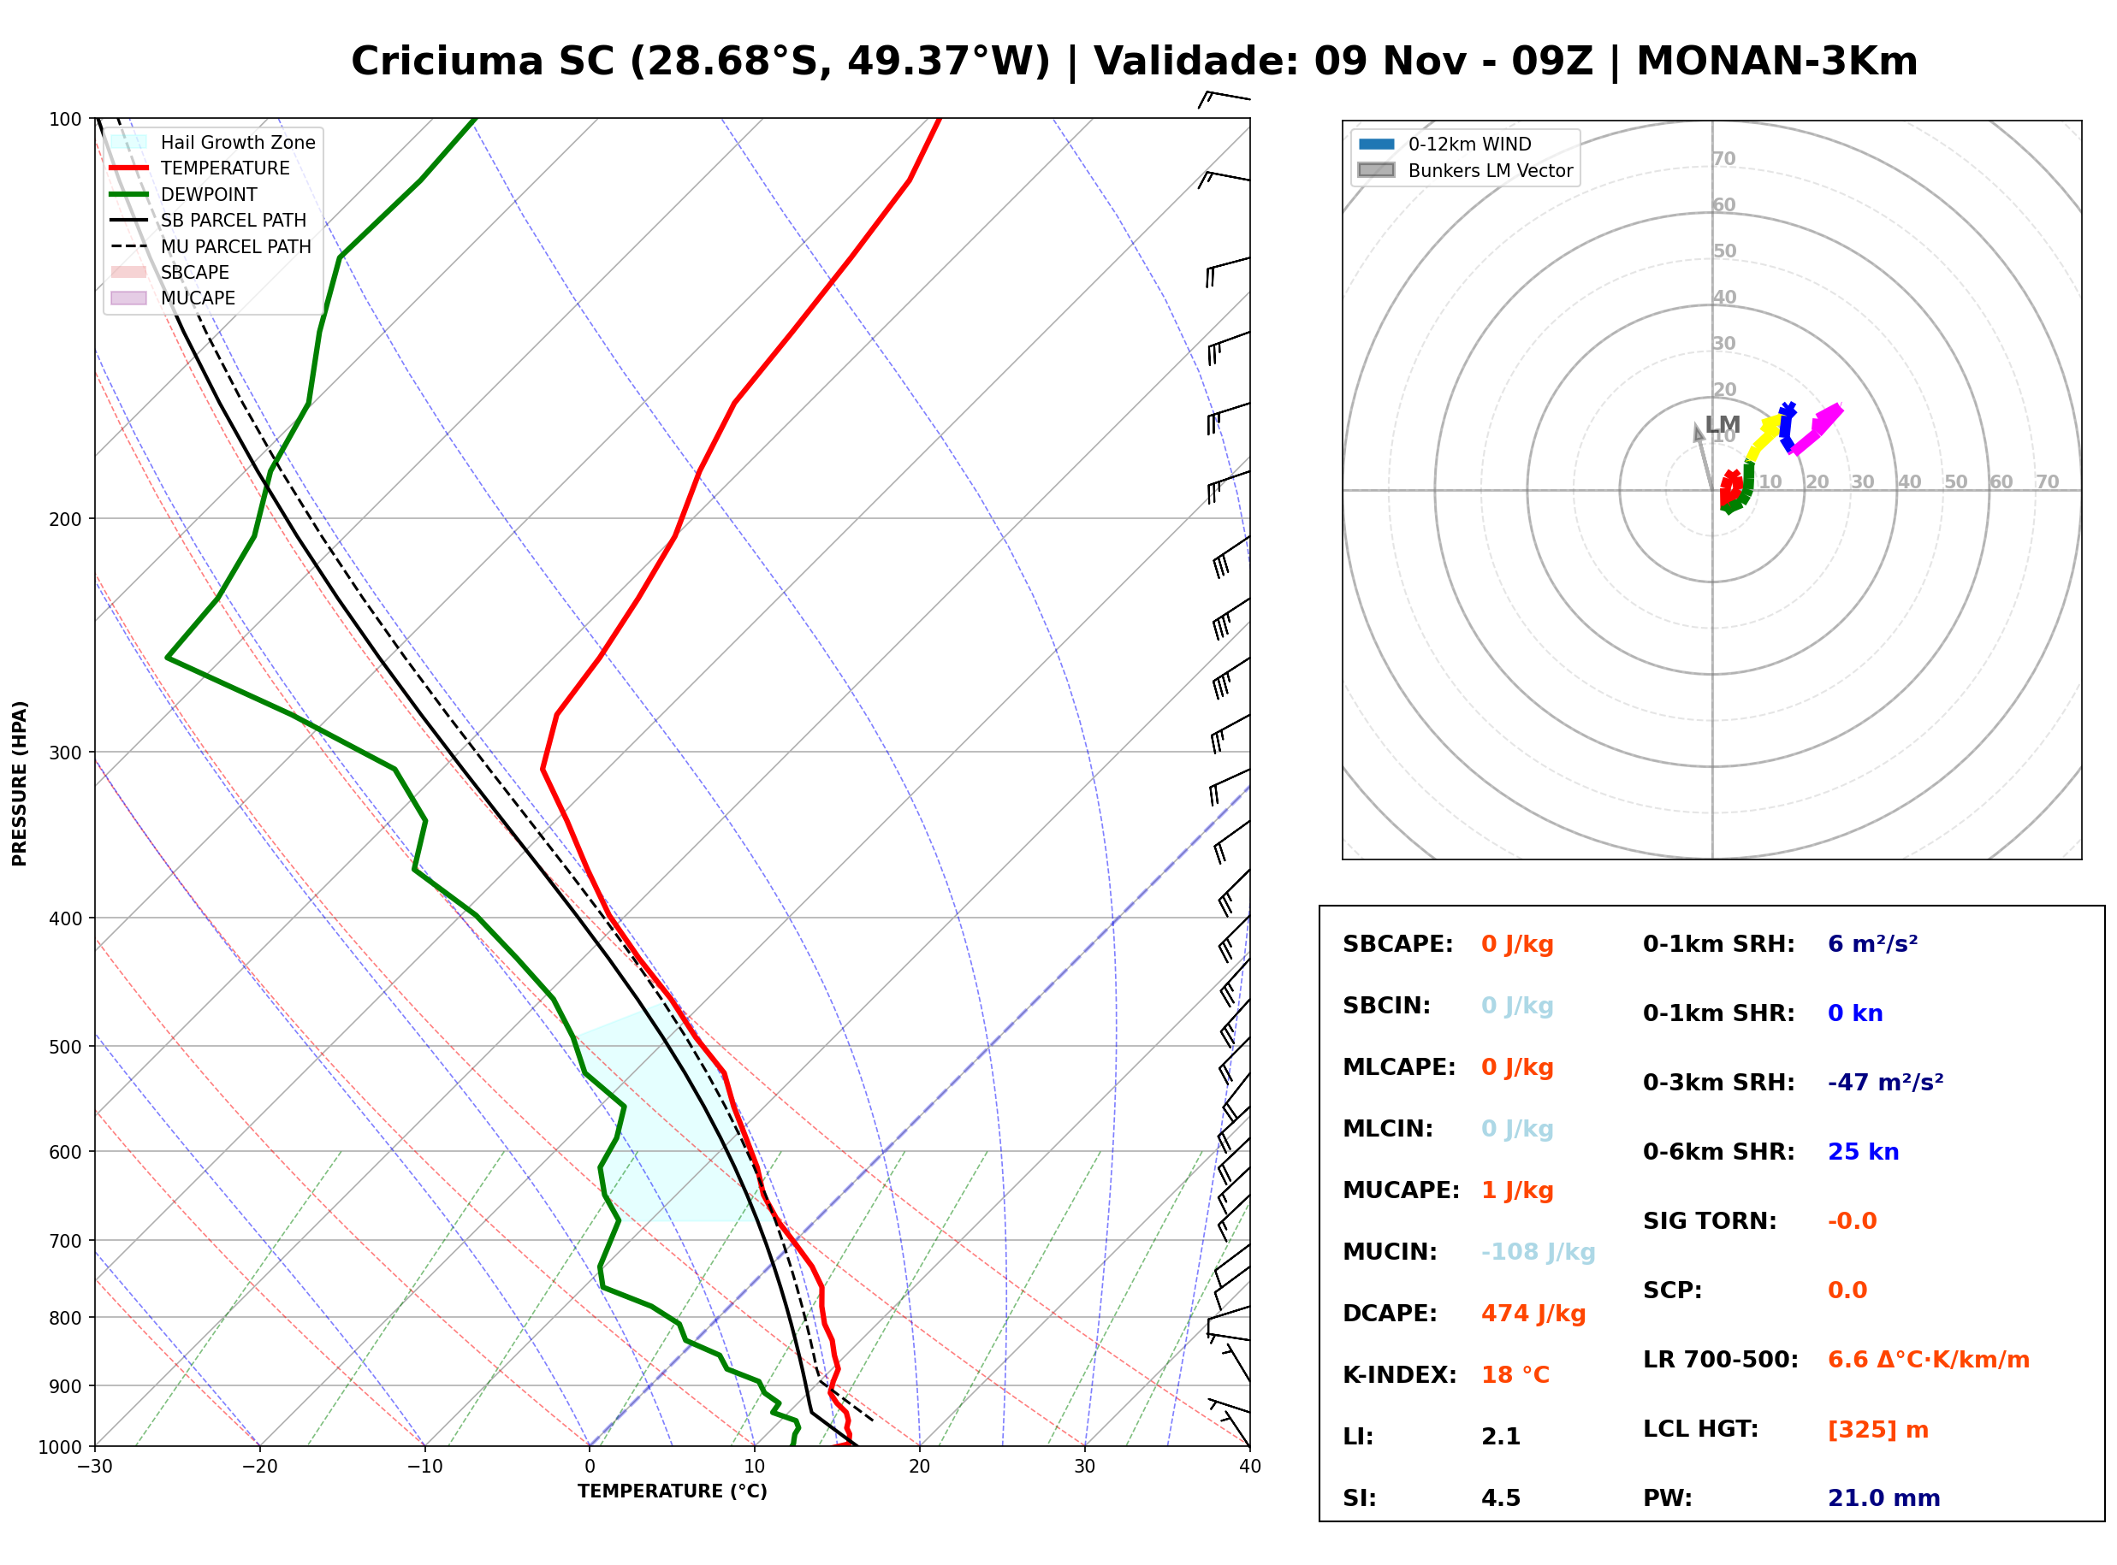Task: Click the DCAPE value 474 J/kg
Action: point(1533,1314)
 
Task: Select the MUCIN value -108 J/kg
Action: point(1538,1252)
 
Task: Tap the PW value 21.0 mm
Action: point(1884,1498)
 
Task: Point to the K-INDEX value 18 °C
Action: point(1515,1375)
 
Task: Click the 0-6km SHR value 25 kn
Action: point(1863,1152)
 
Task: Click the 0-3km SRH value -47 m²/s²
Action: point(1886,1082)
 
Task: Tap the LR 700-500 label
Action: point(1721,1361)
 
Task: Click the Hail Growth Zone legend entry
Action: point(213,142)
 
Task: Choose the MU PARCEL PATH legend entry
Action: point(211,246)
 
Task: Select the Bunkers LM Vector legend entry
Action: point(1465,170)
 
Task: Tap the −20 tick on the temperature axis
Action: point(259,1467)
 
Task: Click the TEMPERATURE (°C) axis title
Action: point(672,1491)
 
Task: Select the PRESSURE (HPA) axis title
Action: point(20,783)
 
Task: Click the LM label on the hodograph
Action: point(1723,424)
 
